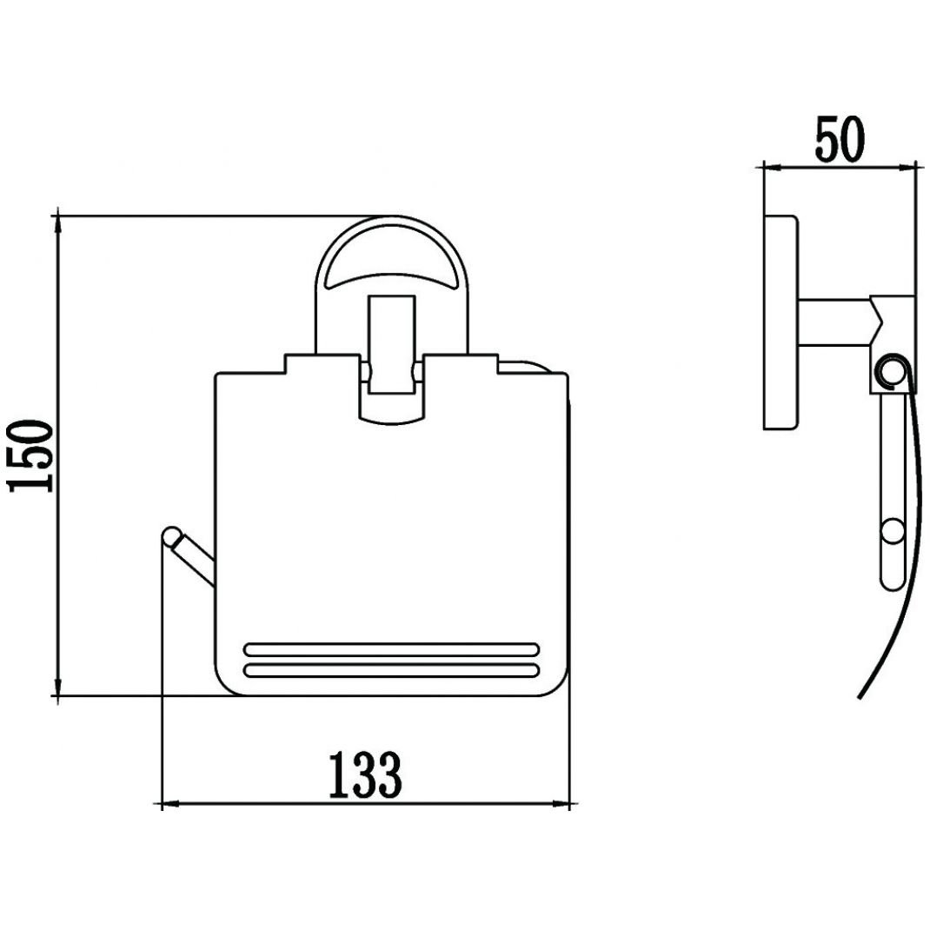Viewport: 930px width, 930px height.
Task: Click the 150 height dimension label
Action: (x=30, y=456)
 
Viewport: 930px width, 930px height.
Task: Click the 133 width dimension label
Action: (x=365, y=774)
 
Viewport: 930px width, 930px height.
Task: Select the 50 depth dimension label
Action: (x=840, y=139)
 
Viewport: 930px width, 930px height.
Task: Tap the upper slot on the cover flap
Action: (x=391, y=649)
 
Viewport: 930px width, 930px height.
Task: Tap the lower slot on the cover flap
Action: (x=391, y=670)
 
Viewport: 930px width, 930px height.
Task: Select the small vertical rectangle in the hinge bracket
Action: (x=391, y=344)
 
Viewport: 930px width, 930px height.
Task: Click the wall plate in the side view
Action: (x=781, y=322)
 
